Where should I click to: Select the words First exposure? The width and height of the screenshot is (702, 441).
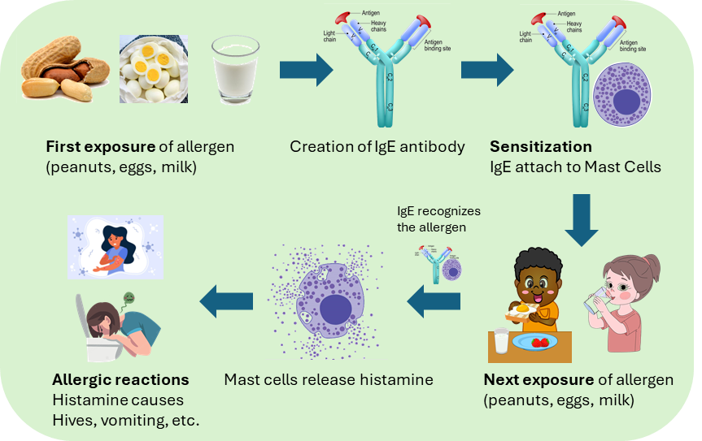coord(98,147)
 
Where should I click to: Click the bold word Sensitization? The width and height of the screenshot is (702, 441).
coord(540,147)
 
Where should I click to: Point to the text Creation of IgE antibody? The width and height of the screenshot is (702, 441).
coord(377,147)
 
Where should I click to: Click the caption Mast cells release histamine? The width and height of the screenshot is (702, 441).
coord(329,379)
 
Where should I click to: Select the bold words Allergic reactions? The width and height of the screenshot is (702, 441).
coord(120,379)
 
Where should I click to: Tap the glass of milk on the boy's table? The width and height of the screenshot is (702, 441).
coord(502,341)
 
